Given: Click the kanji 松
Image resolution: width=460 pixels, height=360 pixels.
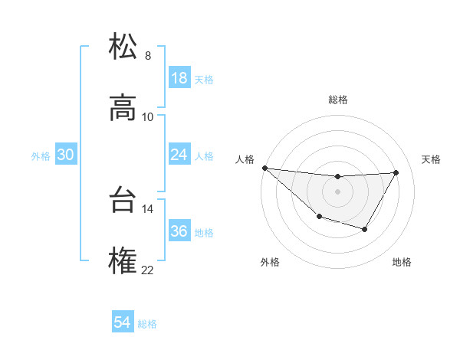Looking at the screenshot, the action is pyautogui.click(x=123, y=47).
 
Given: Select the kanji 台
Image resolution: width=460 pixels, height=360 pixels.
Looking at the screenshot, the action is pyautogui.click(x=123, y=201).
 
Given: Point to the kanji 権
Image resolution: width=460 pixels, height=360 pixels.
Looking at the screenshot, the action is pyautogui.click(x=123, y=262).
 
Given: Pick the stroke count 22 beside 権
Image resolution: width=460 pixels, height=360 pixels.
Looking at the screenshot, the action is pyautogui.click(x=147, y=270).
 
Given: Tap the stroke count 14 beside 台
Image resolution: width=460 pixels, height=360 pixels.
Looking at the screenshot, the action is pyautogui.click(x=147, y=208).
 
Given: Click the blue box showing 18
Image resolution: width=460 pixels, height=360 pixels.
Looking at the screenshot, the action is pyautogui.click(x=179, y=78).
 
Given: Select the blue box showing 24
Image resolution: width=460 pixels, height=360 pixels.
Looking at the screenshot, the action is pyautogui.click(x=179, y=155).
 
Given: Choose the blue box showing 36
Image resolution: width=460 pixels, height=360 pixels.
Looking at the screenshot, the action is pyautogui.click(x=179, y=231).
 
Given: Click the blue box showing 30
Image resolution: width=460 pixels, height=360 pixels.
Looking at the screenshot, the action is pyautogui.click(x=66, y=155).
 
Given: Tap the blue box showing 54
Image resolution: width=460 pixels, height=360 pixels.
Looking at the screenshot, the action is pyautogui.click(x=123, y=323).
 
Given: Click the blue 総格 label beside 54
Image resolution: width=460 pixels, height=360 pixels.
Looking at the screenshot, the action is pyautogui.click(x=147, y=324).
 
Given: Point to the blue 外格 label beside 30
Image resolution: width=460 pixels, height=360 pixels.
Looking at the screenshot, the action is pyautogui.click(x=41, y=155).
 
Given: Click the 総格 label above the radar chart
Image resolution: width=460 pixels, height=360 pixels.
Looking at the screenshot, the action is pyautogui.click(x=337, y=100).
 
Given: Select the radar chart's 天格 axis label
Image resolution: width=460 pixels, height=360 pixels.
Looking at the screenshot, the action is pyautogui.click(x=432, y=159).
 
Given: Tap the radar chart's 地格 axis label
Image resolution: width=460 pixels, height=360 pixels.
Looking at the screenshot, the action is pyautogui.click(x=402, y=262).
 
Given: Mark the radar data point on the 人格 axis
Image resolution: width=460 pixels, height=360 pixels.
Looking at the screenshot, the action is pyautogui.click(x=264, y=168).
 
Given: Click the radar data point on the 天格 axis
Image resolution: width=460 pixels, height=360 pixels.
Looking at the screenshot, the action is pyautogui.click(x=396, y=172).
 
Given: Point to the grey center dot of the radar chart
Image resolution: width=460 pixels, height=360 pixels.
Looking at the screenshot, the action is pyautogui.click(x=337, y=191).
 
